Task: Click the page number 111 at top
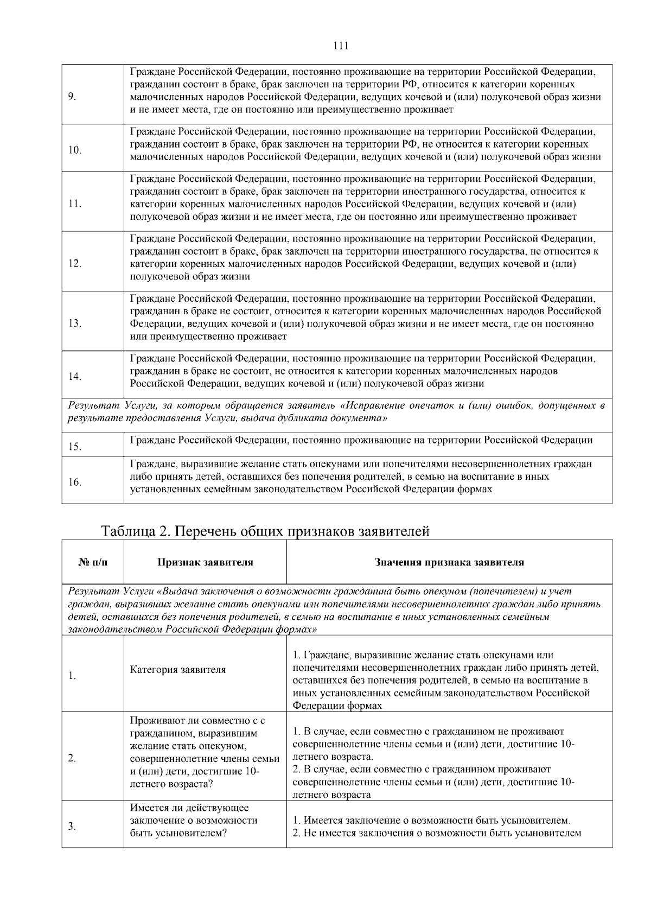click(341, 46)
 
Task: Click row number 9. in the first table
click(72, 97)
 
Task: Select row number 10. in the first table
click(75, 150)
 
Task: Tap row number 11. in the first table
click(75, 204)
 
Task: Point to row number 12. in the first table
click(75, 264)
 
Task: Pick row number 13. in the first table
click(75, 323)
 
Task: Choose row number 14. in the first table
click(75, 377)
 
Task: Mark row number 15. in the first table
click(75, 447)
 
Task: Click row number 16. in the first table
click(75, 482)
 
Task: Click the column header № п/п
click(93, 562)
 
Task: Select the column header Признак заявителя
click(205, 562)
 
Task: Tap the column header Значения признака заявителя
click(449, 562)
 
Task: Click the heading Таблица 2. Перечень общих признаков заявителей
click(265, 531)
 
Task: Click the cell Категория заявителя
click(177, 670)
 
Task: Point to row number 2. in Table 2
click(72, 758)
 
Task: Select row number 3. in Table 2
click(72, 827)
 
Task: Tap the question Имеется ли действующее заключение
click(189, 808)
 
